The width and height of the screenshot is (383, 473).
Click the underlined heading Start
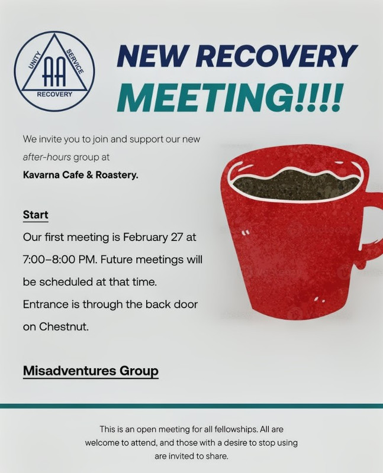(x=36, y=215)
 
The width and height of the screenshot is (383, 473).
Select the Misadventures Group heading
(x=91, y=371)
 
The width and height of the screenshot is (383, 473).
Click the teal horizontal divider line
(x=191, y=406)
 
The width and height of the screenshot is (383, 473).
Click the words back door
(x=173, y=304)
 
